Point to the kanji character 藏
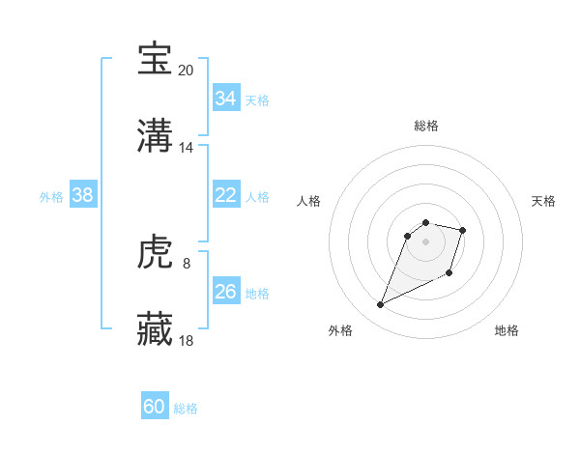(156, 330)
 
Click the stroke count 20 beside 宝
(187, 70)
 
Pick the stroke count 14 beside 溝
(187, 148)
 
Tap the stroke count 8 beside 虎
(187, 264)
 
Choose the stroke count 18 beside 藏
(187, 341)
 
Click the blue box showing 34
(225, 99)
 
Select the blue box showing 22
(225, 195)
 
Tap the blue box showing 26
(225, 292)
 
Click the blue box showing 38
(83, 195)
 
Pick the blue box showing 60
(155, 407)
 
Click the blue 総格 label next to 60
(187, 409)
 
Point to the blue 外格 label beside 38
(51, 196)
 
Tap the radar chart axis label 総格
(426, 126)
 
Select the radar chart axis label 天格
(544, 201)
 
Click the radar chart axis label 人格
(309, 201)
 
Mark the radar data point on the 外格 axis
(381, 305)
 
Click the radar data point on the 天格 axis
(463, 230)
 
